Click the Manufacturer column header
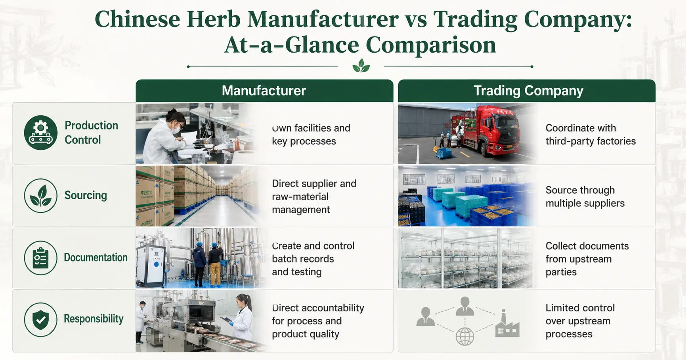[x=264, y=91]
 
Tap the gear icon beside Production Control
[x=40, y=132]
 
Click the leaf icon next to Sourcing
[x=40, y=195]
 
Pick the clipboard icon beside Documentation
[x=40, y=258]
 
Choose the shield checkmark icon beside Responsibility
[x=40, y=320]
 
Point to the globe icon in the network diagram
[x=465, y=337]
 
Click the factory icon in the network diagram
[x=507, y=324]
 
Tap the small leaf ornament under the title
[x=361, y=66]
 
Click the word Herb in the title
[x=213, y=19]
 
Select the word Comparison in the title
[x=431, y=45]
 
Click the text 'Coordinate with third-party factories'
[x=590, y=135]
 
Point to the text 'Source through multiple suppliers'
[x=585, y=197]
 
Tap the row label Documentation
[x=96, y=257]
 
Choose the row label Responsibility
[x=94, y=319]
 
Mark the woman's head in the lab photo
[x=174, y=119]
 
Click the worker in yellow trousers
[x=215, y=263]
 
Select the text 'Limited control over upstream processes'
[x=580, y=321]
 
